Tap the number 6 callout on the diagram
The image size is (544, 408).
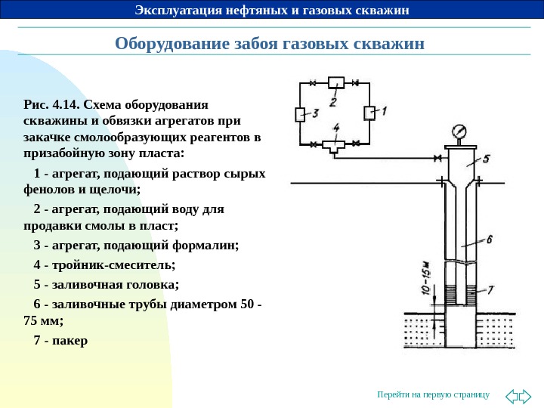tap(489, 239)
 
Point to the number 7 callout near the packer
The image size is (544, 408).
tap(490, 289)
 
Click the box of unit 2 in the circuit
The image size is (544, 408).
tap(335, 82)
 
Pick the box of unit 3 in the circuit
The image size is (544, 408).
tap(299, 114)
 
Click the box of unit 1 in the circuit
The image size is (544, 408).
tap(369, 113)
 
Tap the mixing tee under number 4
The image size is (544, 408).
tap(333, 145)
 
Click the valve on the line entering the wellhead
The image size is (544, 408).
tap(437, 158)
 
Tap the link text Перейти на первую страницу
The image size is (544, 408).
tap(433, 394)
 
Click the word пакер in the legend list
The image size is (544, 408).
tap(72, 340)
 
